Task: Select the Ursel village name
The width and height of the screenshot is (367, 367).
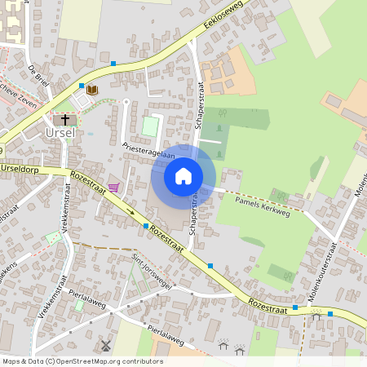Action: click(x=60, y=133)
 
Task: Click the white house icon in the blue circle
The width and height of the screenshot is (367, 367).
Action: click(x=183, y=175)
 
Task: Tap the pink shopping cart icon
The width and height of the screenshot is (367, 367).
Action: click(x=113, y=188)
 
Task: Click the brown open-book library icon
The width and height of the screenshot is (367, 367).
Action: click(x=92, y=90)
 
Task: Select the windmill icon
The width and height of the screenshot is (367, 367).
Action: click(x=104, y=345)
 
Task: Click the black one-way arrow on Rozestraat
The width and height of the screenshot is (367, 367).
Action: click(x=130, y=212)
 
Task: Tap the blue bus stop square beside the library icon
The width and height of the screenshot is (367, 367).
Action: click(x=82, y=85)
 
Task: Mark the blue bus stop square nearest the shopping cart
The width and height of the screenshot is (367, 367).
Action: click(x=146, y=225)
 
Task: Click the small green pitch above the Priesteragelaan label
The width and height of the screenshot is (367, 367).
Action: click(x=150, y=126)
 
